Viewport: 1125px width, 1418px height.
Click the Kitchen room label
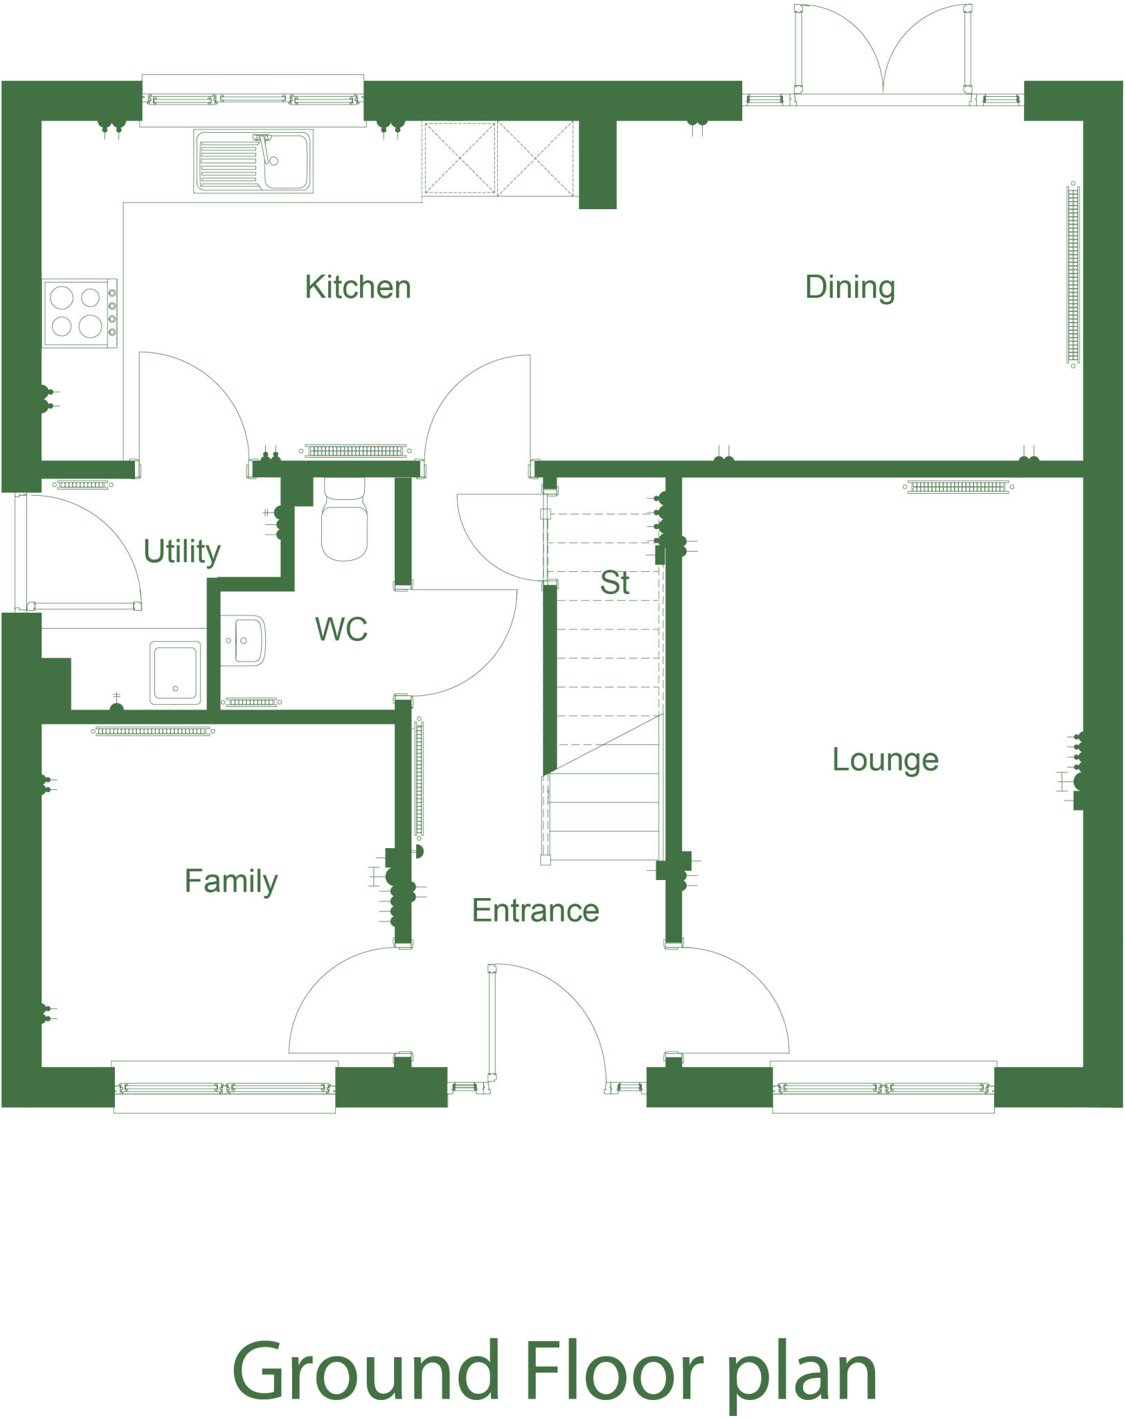(x=358, y=287)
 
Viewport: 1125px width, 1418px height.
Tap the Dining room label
(x=849, y=287)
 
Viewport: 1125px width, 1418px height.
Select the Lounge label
(x=885, y=760)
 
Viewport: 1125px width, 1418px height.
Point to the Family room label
(x=231, y=881)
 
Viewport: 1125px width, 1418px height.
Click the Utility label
(x=181, y=552)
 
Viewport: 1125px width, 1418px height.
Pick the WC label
(x=341, y=629)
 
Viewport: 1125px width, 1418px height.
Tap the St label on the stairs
(x=614, y=583)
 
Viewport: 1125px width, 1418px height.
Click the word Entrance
(x=535, y=910)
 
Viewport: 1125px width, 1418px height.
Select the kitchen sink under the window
(x=253, y=161)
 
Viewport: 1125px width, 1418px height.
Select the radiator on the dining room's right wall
(x=1072, y=273)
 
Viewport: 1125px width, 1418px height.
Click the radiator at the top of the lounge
(x=958, y=487)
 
